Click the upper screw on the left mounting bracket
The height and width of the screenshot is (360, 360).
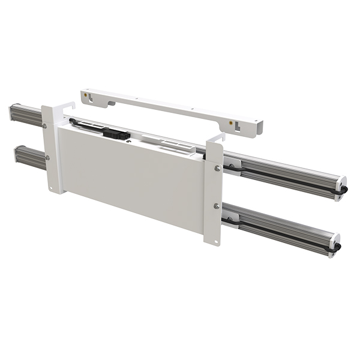(44, 125)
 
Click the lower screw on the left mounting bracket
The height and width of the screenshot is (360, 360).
(48, 158)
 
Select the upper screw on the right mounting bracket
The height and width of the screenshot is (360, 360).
(217, 169)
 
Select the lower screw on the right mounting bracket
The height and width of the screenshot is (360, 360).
(216, 206)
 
